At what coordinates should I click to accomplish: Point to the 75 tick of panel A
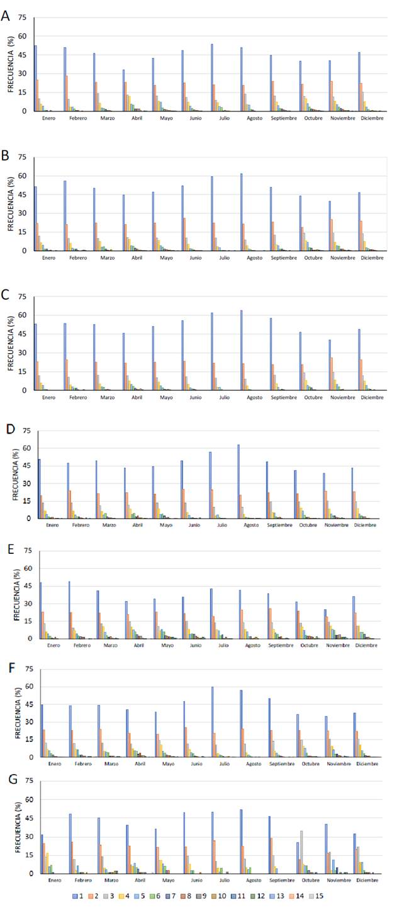pyautogui.click(x=23, y=18)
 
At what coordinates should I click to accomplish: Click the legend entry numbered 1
pyautogui.click(x=80, y=896)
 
